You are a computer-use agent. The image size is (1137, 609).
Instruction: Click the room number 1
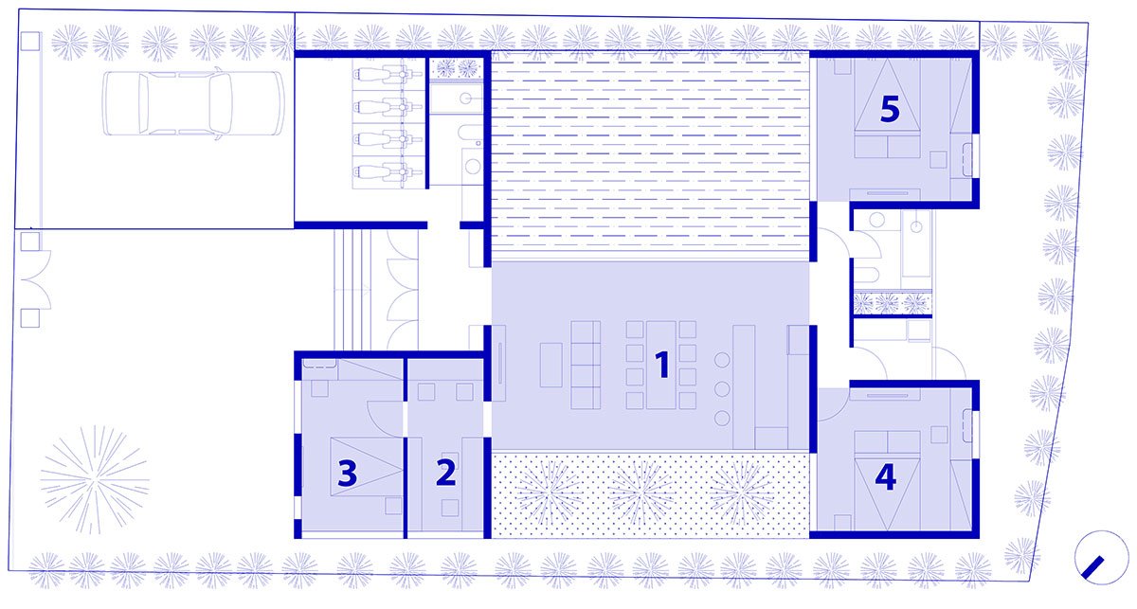coord(662,365)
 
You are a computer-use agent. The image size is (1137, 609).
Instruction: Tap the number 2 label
coord(445,473)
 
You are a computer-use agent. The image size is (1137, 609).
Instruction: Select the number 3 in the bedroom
coord(347,474)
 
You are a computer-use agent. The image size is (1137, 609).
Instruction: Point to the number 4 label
coord(886,477)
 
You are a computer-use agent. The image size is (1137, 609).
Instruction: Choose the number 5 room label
coord(890,109)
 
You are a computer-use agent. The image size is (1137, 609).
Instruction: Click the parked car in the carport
coord(193,103)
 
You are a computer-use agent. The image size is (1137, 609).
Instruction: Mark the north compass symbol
coord(1093,558)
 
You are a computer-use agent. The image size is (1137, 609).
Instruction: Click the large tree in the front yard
coord(95,479)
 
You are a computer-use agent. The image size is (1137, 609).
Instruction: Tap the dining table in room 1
coord(661,365)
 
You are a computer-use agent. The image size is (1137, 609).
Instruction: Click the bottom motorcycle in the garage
coord(388,171)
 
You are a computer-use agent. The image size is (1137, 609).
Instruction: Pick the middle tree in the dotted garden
coord(641,493)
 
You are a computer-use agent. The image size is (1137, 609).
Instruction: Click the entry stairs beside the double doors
coord(352,290)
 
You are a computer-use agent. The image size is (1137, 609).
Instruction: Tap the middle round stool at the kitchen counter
coord(722,389)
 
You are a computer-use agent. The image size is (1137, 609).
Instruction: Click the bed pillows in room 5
coord(887,146)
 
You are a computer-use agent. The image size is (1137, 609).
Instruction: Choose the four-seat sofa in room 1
coord(586,365)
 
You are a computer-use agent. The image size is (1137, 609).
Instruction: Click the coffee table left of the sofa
coord(550,365)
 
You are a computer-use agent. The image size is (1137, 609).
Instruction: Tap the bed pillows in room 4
coord(887,442)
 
